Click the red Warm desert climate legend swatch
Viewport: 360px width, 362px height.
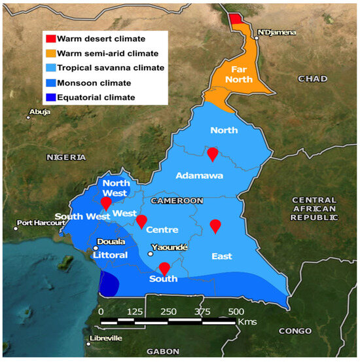(x=49, y=37)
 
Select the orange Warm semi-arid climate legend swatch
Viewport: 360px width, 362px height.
(x=49, y=52)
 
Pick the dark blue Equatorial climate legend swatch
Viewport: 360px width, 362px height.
(x=49, y=98)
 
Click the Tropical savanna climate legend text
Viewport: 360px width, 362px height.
(x=107, y=67)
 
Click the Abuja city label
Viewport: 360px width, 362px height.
(x=40, y=112)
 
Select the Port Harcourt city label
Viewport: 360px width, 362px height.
(x=42, y=223)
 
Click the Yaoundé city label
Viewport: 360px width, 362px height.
(x=170, y=247)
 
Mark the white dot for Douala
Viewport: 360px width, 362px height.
(x=96, y=248)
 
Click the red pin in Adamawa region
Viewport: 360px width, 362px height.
(x=212, y=154)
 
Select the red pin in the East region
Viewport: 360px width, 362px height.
(x=215, y=226)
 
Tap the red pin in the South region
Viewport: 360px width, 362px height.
(x=164, y=268)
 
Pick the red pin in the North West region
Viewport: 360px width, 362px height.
(x=106, y=204)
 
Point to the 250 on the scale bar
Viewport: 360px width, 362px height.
(x=168, y=311)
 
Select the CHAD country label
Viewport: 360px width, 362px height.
(x=312, y=79)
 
